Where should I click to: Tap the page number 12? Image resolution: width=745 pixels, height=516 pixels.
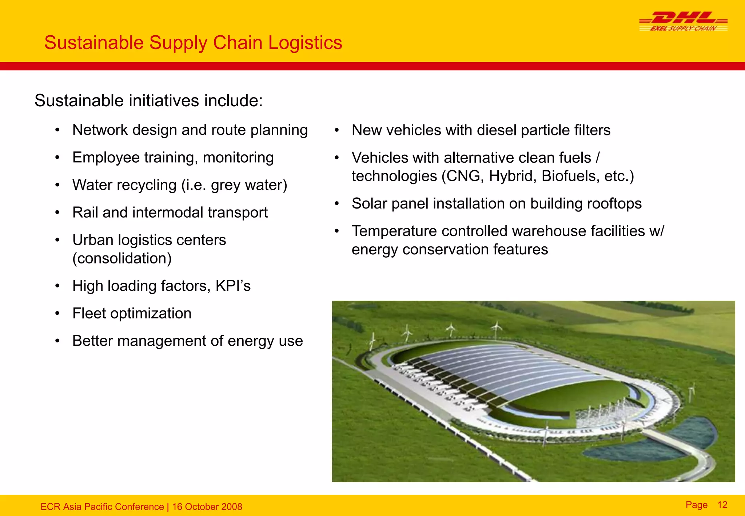(x=722, y=505)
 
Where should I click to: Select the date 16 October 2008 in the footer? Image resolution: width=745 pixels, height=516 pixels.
(x=207, y=507)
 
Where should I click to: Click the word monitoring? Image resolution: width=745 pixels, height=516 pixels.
(x=238, y=158)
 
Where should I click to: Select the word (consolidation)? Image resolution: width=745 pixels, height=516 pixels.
(x=122, y=258)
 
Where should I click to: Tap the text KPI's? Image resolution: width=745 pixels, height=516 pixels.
(x=233, y=286)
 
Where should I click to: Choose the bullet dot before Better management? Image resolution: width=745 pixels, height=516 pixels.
(x=57, y=341)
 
